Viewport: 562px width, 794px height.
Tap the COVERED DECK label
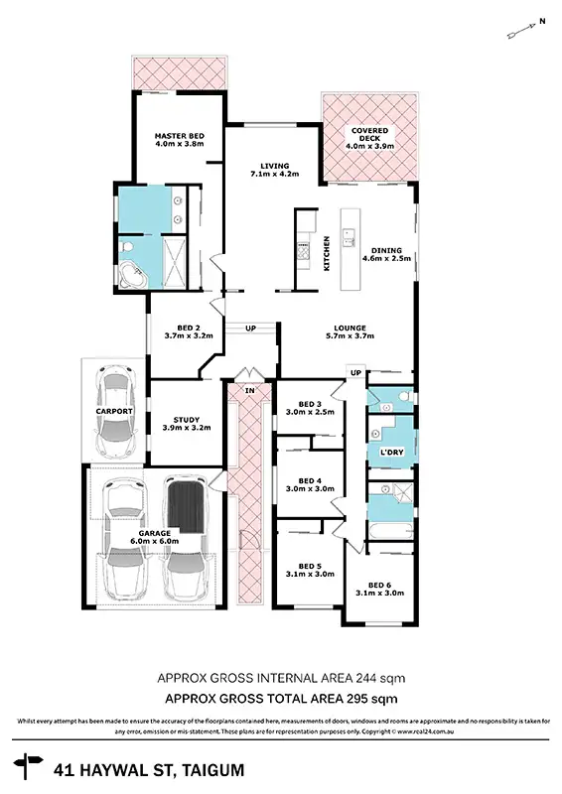tap(369, 138)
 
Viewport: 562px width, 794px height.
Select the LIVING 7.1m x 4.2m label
tap(275, 172)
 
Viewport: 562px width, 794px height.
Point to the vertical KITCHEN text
tap(327, 252)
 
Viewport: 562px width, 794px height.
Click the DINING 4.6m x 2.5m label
tap(388, 256)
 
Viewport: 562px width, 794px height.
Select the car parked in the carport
tap(116, 407)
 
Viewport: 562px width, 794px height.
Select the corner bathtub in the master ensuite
tap(134, 275)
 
